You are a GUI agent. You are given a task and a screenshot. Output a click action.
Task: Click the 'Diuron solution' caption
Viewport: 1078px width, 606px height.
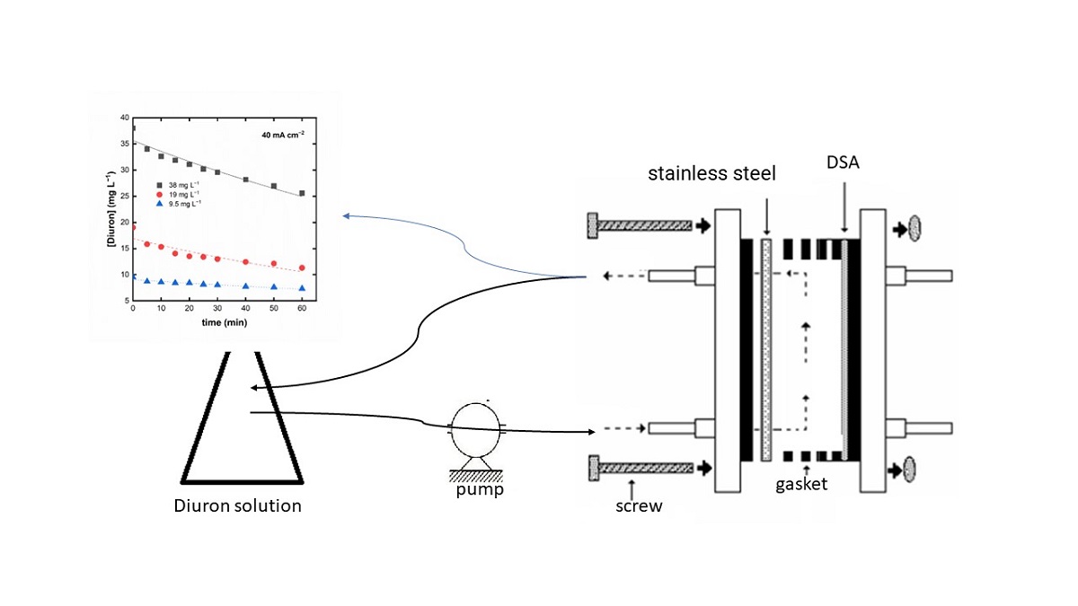click(x=237, y=505)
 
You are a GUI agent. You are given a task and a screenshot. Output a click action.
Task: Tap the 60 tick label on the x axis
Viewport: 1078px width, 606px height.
click(x=302, y=308)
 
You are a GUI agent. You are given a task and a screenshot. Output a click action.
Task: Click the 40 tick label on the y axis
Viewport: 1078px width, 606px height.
click(x=124, y=118)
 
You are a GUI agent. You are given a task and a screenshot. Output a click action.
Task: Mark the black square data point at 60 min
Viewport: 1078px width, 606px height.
click(x=303, y=193)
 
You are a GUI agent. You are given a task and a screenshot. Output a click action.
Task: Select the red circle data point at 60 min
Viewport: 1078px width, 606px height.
click(x=303, y=268)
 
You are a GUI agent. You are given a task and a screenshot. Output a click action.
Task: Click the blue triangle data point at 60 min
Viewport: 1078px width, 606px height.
click(x=303, y=288)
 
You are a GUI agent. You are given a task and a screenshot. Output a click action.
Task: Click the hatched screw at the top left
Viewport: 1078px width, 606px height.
click(x=639, y=225)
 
